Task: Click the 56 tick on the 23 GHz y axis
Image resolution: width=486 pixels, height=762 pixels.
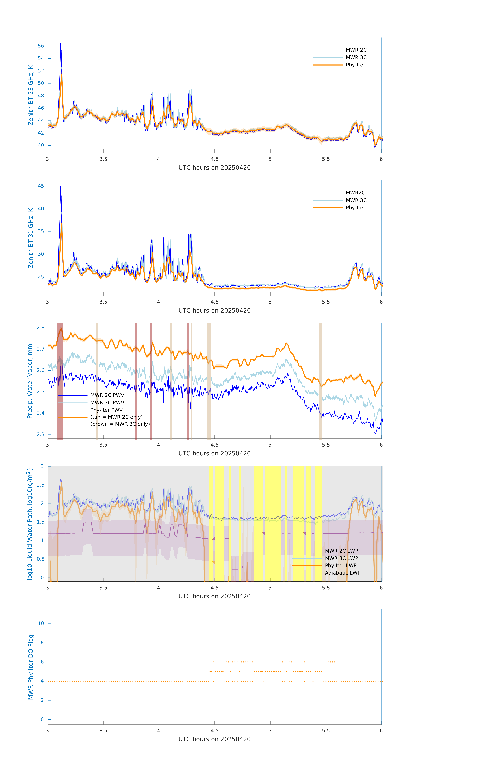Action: pyautogui.click(x=41, y=46)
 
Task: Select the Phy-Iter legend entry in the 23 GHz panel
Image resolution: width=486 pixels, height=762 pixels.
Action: pyautogui.click(x=355, y=65)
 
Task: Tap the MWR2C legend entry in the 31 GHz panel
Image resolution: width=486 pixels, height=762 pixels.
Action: pyautogui.click(x=355, y=193)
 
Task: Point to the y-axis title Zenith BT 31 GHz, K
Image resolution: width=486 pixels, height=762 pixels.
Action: pyautogui.click(x=31, y=238)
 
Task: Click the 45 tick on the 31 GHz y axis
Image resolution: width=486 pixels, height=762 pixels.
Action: pyautogui.click(x=41, y=186)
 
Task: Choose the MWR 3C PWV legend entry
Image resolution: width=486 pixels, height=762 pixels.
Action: pyautogui.click(x=107, y=402)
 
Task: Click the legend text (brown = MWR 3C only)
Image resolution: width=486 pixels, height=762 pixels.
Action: pyautogui.click(x=120, y=424)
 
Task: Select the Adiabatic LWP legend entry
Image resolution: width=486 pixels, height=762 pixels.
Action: pyautogui.click(x=343, y=573)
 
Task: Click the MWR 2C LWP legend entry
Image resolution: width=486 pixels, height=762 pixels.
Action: pyautogui.click(x=341, y=551)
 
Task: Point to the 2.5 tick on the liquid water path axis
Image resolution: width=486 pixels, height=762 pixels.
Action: pyautogui.click(x=40, y=485)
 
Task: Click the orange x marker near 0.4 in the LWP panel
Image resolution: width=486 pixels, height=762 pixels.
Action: pyautogui.click(x=214, y=562)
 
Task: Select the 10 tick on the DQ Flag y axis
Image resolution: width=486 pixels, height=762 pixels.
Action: pyautogui.click(x=41, y=623)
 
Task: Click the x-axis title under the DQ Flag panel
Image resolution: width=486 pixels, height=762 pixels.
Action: pyautogui.click(x=214, y=739)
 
